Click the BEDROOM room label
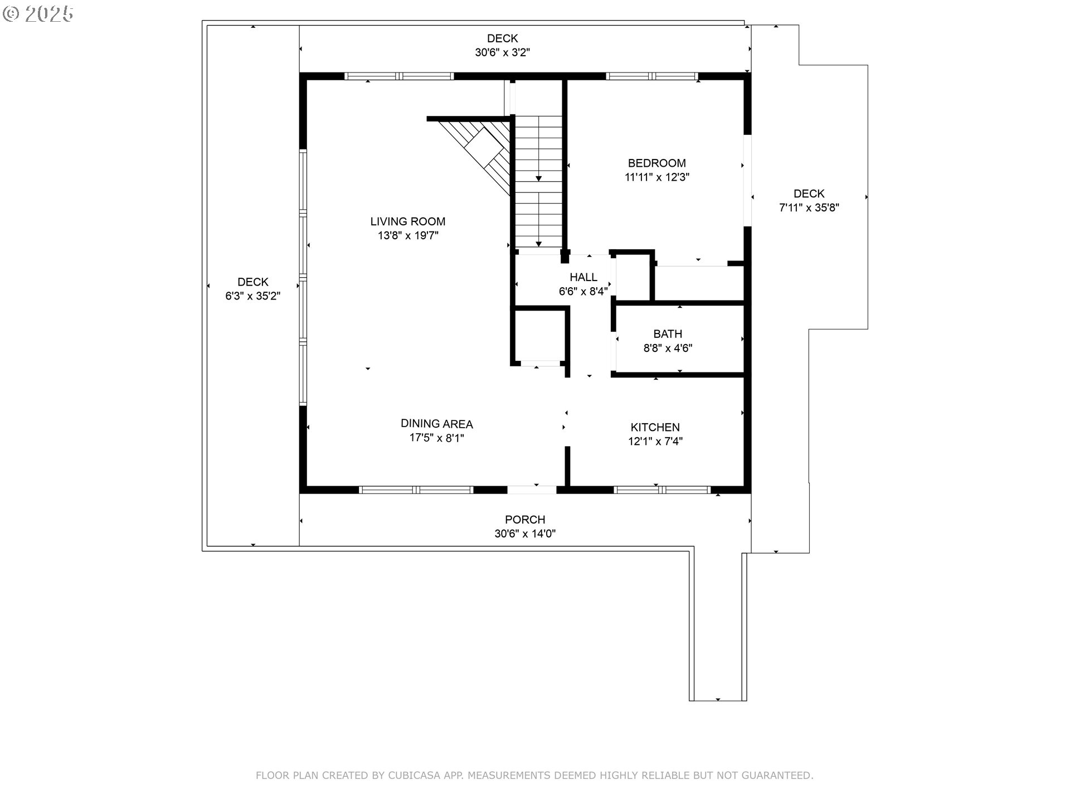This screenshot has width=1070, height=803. pos(656,163)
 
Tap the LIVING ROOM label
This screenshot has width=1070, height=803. pos(408,221)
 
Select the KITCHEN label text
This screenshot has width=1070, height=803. pos(655,427)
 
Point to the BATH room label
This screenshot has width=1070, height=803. pos(668,334)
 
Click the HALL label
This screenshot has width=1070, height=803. pos(583,277)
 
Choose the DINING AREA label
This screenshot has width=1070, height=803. pos(437,424)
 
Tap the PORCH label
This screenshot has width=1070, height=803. pos(525,520)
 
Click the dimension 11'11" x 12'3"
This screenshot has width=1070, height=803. pos(657,177)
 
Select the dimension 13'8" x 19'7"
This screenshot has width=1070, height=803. pos(408,235)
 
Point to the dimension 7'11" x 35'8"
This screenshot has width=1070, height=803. pos(809,207)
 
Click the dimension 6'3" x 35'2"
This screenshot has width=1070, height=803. pos(252,296)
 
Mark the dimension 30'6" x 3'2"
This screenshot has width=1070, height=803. pos(502,52)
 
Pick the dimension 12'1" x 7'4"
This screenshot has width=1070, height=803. pos(655,441)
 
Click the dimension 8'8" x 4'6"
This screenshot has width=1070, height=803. pos(668,348)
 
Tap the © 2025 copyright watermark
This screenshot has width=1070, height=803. pos(38,14)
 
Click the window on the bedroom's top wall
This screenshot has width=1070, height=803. pos(652,76)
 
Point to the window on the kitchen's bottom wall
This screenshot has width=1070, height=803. pos(662,490)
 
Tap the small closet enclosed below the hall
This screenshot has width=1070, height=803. pos(540,336)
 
